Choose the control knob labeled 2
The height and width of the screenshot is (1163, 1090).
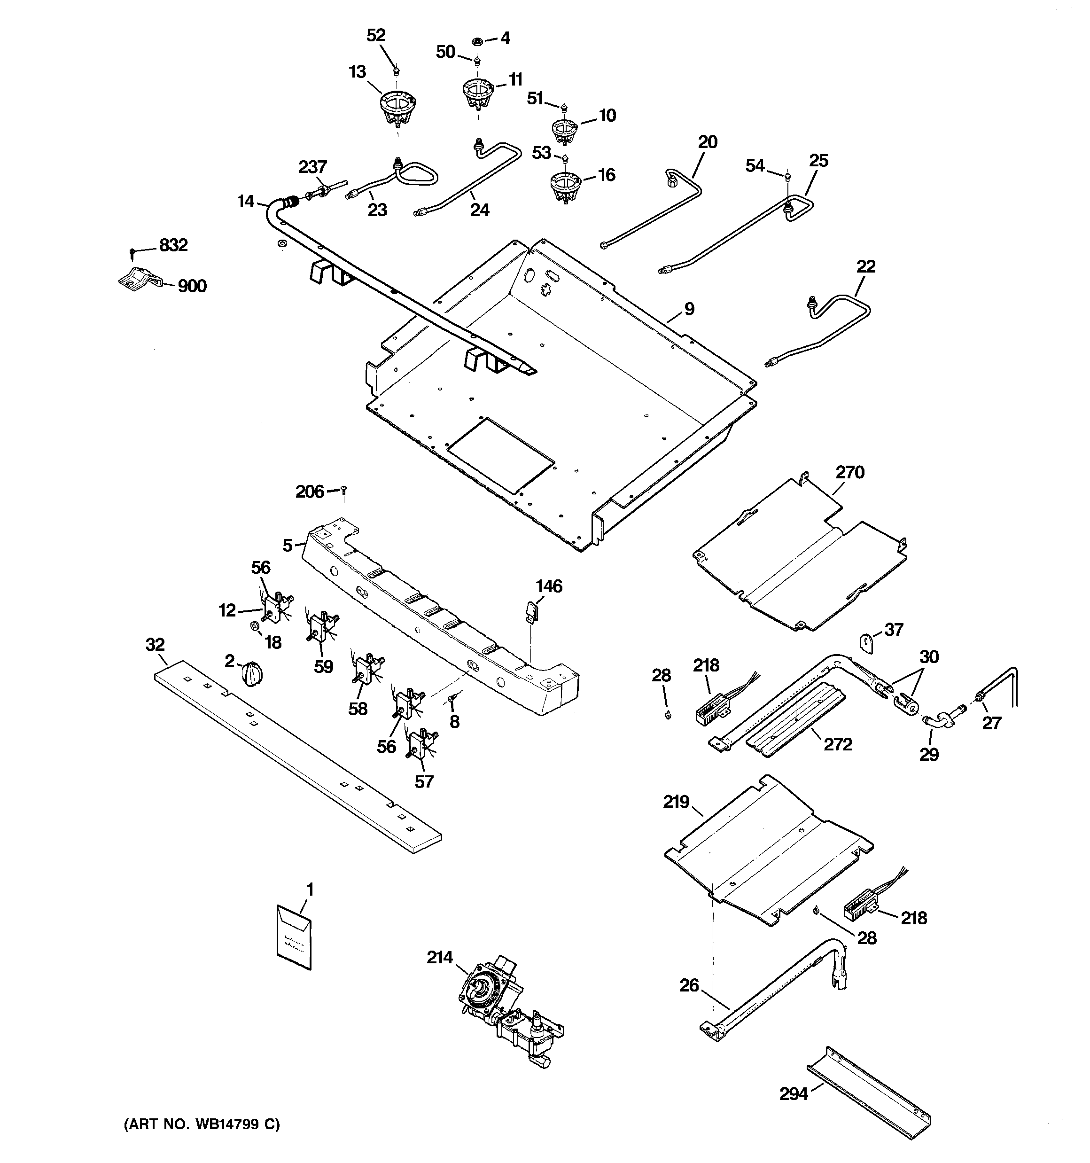coord(253,671)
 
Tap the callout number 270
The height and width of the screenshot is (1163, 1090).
coord(849,472)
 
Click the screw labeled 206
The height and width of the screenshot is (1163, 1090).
coord(344,489)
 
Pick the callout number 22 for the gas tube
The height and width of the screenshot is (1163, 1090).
coord(866,267)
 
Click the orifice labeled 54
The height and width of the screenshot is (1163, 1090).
coord(788,174)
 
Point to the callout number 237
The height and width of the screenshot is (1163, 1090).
coord(312,167)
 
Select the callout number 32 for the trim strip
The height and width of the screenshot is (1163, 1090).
coord(155,645)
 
